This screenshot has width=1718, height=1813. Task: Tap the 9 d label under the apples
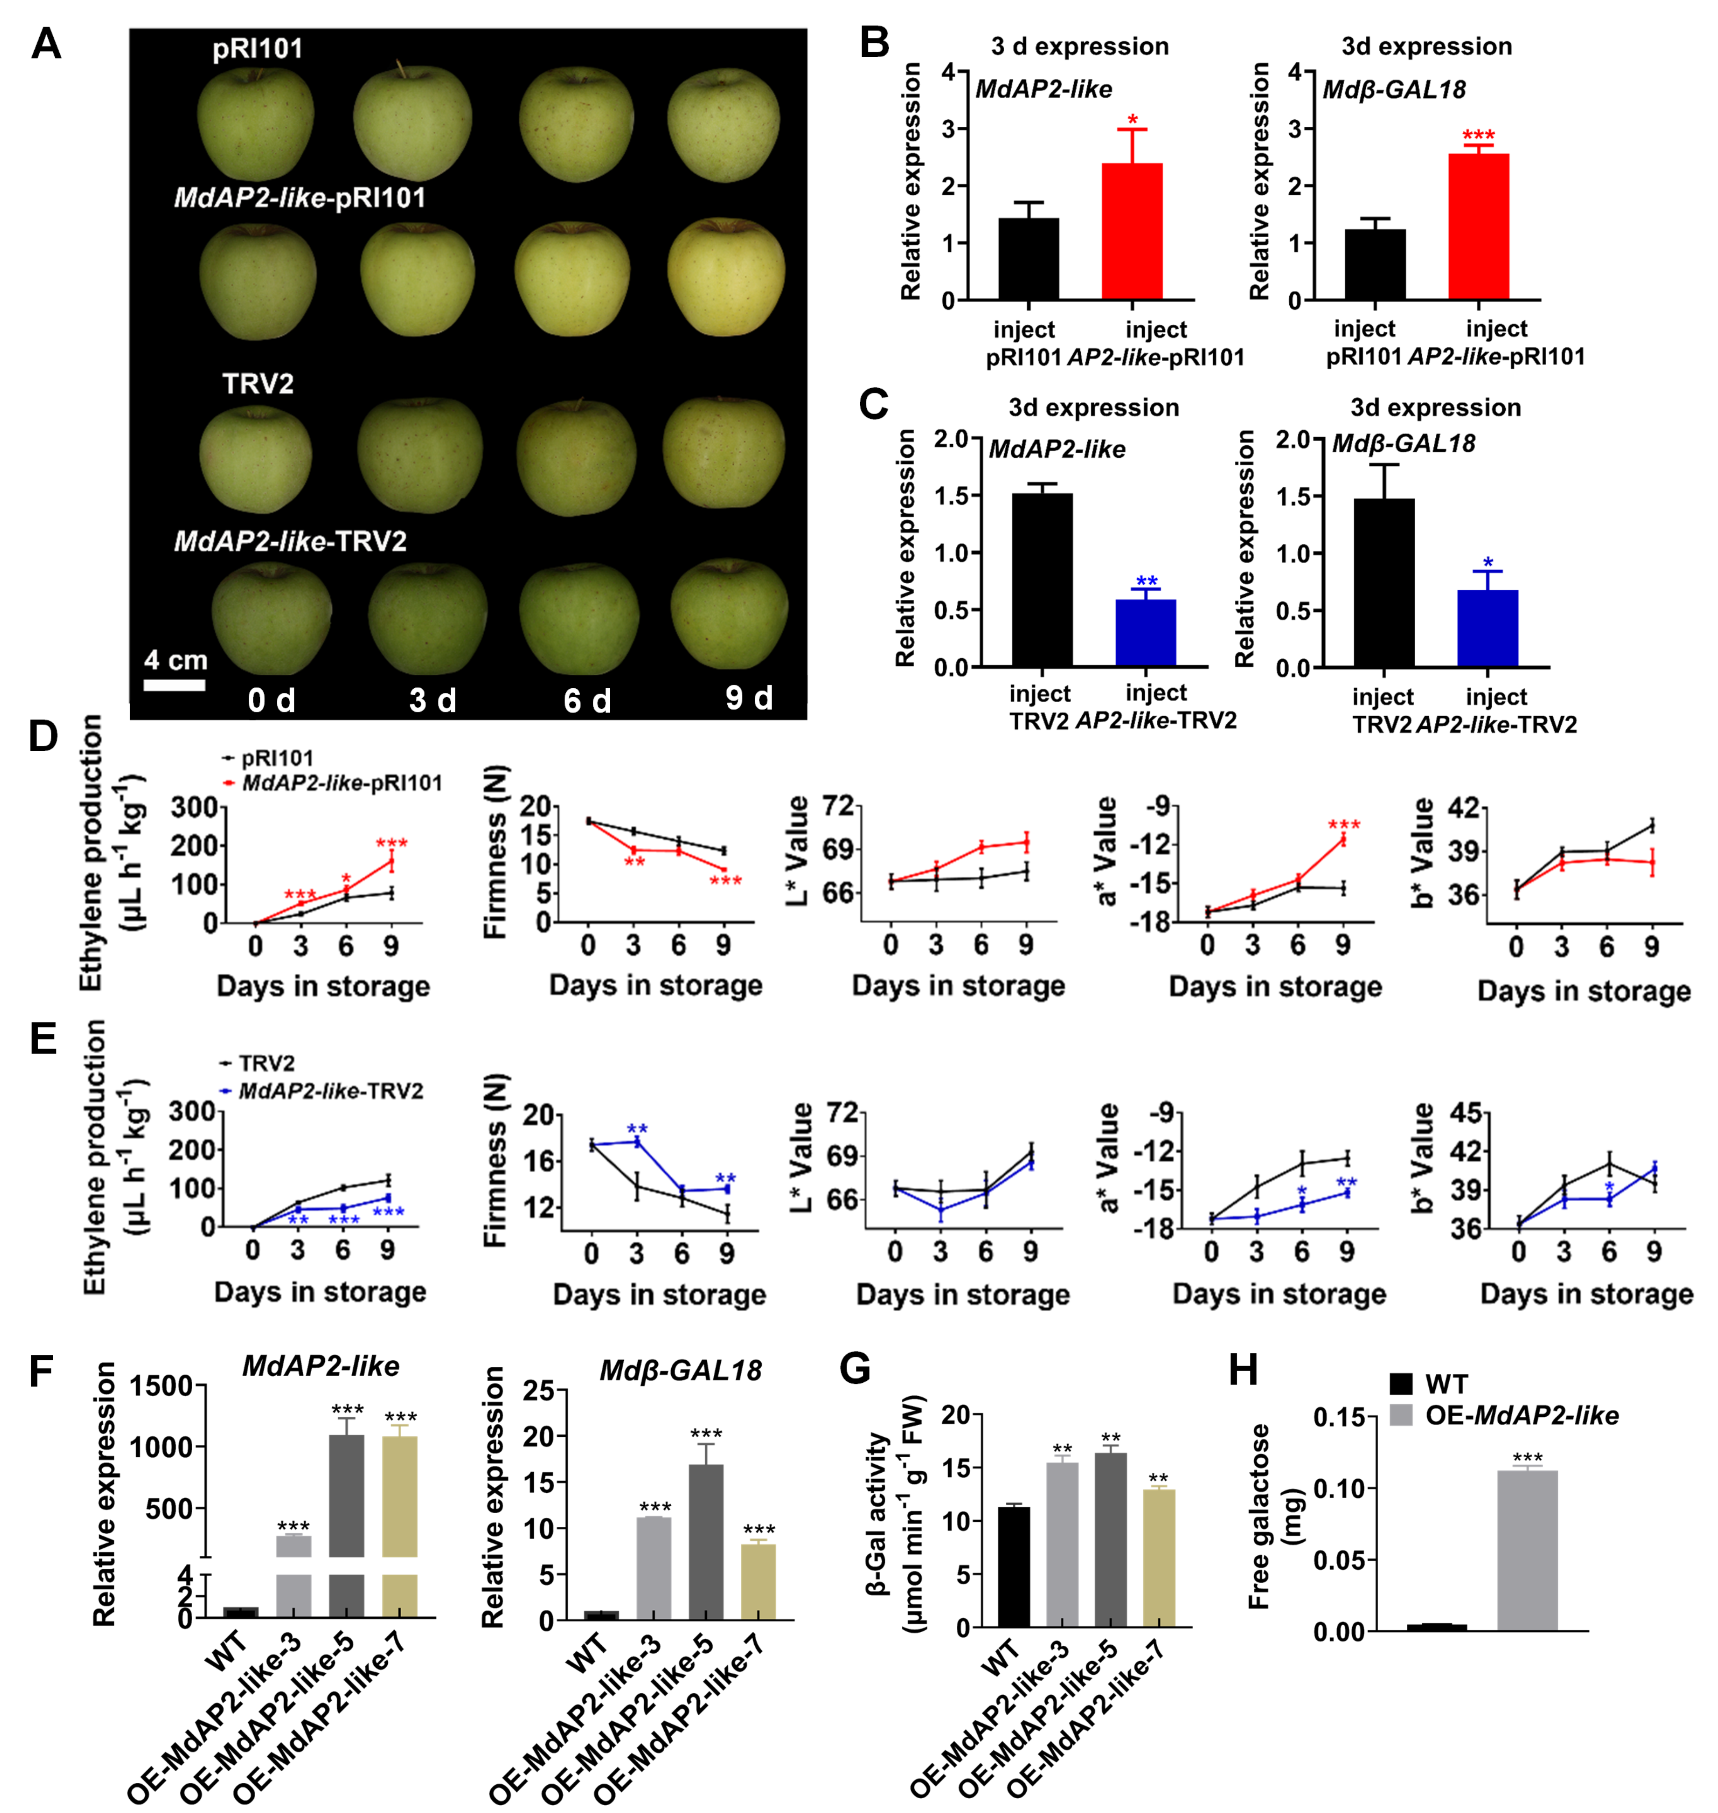click(x=749, y=698)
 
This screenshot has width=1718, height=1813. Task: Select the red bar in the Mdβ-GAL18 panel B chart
click(x=1478, y=227)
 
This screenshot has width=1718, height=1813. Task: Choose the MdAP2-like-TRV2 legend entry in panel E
click(x=330, y=1092)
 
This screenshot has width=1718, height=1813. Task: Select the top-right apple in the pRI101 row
click(x=724, y=124)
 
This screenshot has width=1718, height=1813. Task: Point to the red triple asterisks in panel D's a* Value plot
click(x=1343, y=825)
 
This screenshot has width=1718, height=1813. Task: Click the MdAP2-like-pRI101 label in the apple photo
click(x=300, y=198)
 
